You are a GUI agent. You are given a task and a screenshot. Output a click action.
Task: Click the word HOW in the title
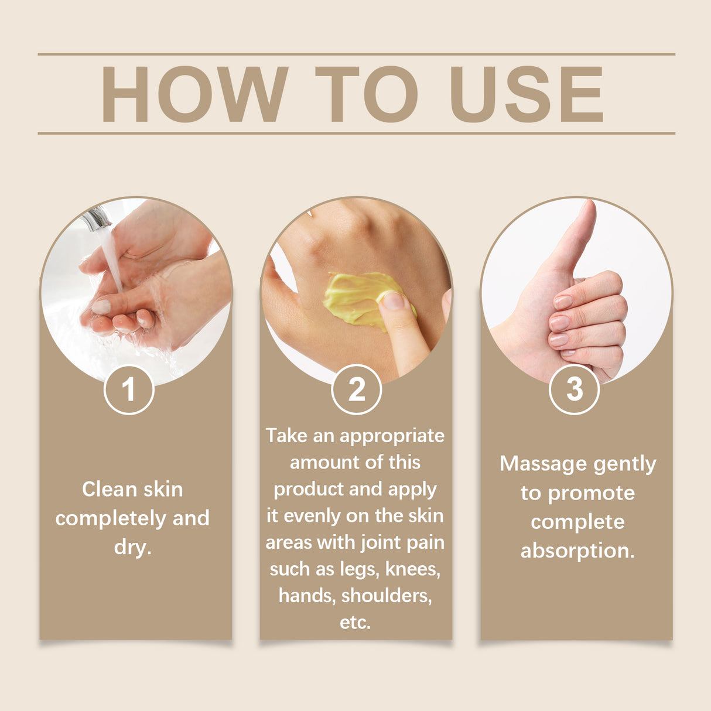194,94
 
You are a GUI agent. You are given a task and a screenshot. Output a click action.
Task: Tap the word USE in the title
526,94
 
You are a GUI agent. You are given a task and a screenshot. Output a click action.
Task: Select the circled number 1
129,389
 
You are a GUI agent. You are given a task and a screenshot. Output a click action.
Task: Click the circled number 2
356,389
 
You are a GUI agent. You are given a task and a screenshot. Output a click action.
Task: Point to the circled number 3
575,389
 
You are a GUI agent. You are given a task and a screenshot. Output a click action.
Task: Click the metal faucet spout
96,220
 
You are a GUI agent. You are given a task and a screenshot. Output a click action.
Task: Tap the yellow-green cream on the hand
351,296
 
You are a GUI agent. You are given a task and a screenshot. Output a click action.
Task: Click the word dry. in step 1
133,547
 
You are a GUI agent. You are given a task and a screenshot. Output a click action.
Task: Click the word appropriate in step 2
392,436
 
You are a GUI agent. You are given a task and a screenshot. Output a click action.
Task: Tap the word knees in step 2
412,569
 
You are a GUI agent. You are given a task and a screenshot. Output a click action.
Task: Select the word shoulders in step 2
387,596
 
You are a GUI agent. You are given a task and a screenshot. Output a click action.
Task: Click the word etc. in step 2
355,622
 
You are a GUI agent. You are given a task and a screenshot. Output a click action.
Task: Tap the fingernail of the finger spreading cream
393,300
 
